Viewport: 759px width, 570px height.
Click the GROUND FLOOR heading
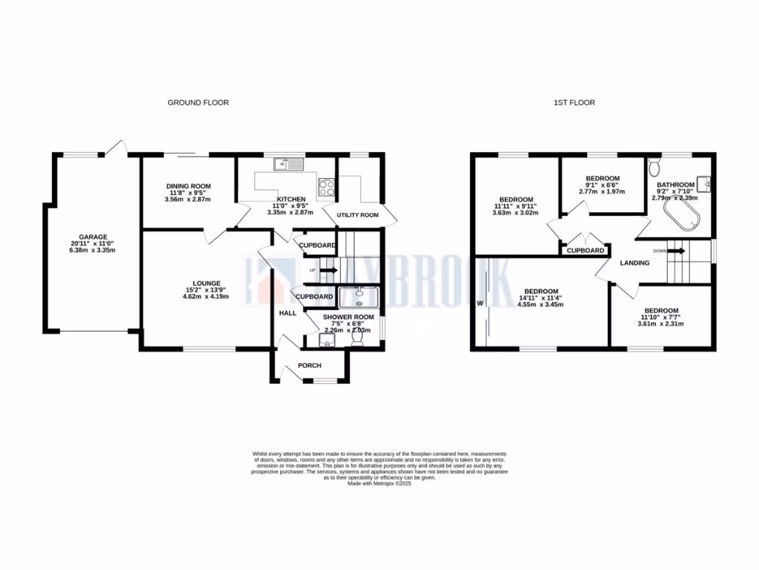[x=198, y=102]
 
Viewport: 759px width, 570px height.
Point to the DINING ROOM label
[x=188, y=186]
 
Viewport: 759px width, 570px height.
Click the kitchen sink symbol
[x=285, y=164]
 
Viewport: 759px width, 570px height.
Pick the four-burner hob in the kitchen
[x=326, y=187]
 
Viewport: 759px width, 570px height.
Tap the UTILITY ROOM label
[x=357, y=214]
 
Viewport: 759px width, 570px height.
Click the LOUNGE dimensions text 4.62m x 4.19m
[x=207, y=296]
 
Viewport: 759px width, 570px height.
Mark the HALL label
[x=288, y=313]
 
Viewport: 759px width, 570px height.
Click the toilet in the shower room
[x=357, y=338]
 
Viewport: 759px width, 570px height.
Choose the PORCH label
[x=310, y=365]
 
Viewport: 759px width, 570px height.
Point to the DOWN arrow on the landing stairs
[x=677, y=251]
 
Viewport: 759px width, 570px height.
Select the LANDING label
[x=634, y=263]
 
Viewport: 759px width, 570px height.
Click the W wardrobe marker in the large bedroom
[x=480, y=303]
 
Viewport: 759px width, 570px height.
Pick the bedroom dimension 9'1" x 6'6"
[x=603, y=185]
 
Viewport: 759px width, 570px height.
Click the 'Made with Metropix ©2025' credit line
[x=379, y=483]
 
